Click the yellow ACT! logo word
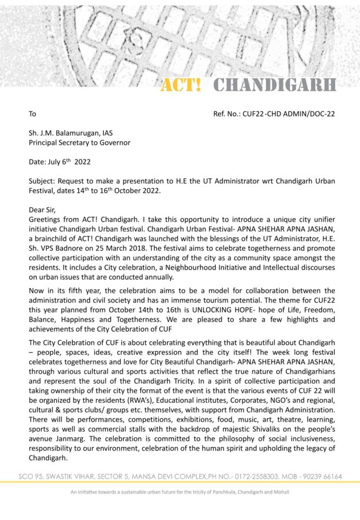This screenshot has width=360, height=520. coord(181,85)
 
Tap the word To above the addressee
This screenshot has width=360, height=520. coord(32,114)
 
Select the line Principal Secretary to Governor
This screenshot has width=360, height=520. coord(79,143)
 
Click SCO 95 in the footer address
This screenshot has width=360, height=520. coord(29,477)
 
